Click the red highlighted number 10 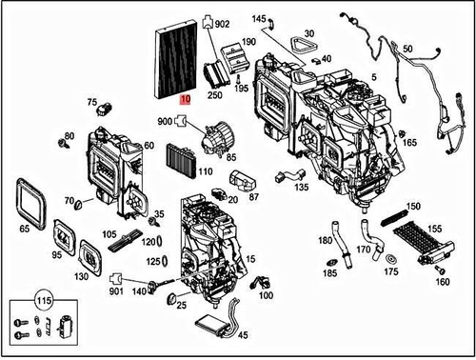pyautogui.click(x=185, y=98)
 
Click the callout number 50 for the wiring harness pyautogui.click(x=407, y=48)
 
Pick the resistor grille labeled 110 pyautogui.click(x=179, y=154)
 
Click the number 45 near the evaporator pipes pyautogui.click(x=243, y=334)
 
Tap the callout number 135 pyautogui.click(x=301, y=188)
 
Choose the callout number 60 pyautogui.click(x=149, y=145)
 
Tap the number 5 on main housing pyautogui.click(x=374, y=77)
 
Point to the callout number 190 pyautogui.click(x=248, y=43)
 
